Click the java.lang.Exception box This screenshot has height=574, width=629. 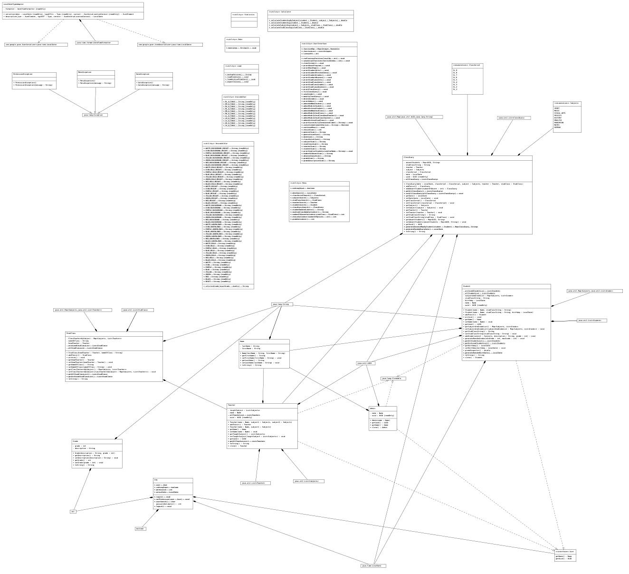coord(95,115)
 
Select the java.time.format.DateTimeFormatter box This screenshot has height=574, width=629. coord(96,43)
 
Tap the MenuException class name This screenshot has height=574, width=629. coord(85,72)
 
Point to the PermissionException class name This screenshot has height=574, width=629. coord(23,74)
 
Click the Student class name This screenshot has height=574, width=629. coord(467,286)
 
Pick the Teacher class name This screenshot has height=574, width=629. coord(232,405)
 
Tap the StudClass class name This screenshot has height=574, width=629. coord(71,333)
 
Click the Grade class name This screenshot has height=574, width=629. coord(76,441)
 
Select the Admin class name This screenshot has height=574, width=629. coord(373,408)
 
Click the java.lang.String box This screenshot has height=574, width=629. coord(282,304)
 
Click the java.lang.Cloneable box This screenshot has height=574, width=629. coord(393,379)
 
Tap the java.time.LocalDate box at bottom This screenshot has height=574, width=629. coord(373,565)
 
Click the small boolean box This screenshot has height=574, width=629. coord(140,528)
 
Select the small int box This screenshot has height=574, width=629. coord(73,512)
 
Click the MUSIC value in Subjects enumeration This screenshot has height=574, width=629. coord(557,110)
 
